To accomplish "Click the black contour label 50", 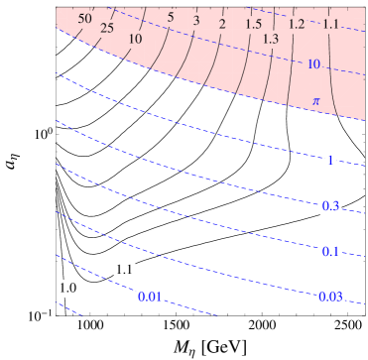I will tap(85, 19).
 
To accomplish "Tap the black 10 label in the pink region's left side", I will tap(136, 39).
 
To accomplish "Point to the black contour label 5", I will tap(171, 18).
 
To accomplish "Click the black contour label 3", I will tap(196, 21).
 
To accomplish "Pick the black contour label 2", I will tap(222, 24).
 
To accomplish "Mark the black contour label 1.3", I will tap(271, 39).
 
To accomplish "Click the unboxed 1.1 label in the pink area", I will tap(331, 24).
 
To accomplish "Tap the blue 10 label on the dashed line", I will tap(314, 64).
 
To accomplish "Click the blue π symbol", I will tap(316, 101).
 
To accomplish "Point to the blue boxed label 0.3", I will tap(331, 206).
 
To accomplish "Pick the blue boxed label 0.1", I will tap(331, 252).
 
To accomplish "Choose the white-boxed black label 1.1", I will tap(125, 270).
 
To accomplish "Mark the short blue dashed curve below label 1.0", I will tap(68, 308).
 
